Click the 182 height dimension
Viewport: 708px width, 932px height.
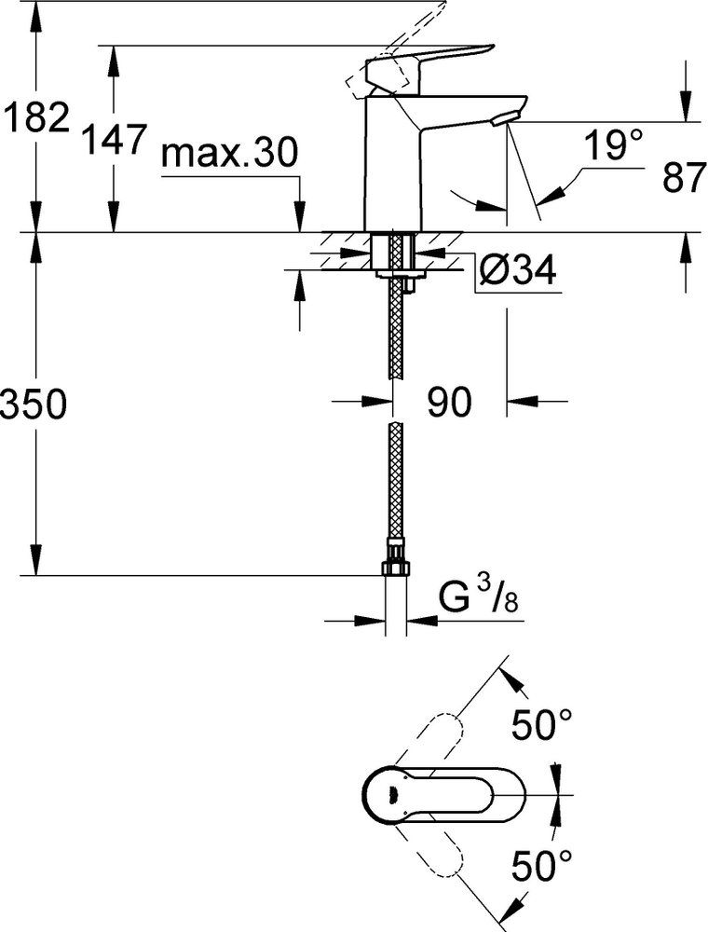click(x=34, y=117)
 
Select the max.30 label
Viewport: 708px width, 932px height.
click(x=228, y=154)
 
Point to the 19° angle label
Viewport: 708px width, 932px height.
click(x=614, y=144)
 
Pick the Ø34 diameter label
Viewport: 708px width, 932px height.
click(x=517, y=271)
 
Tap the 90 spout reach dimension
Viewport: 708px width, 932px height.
click(x=449, y=402)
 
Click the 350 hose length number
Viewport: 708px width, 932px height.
click(x=34, y=405)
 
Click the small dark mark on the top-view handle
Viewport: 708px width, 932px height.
click(x=392, y=793)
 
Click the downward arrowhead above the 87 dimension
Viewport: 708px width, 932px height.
click(x=687, y=109)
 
